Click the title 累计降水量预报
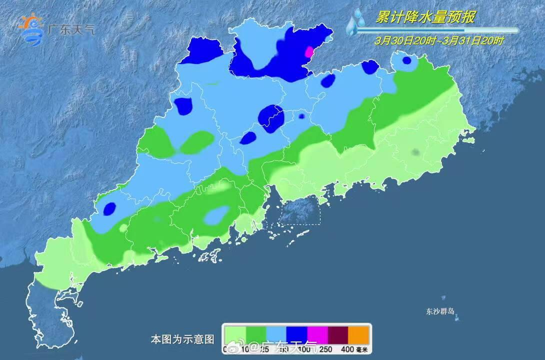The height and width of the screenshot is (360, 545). tap(425, 17)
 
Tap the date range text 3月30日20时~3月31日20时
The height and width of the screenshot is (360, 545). tap(439, 41)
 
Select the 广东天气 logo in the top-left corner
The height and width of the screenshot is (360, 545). tap(55, 29)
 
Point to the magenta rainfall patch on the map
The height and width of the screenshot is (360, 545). tap(309, 51)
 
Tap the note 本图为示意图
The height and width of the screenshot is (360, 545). tap(182, 339)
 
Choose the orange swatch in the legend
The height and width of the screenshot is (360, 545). tap(358, 333)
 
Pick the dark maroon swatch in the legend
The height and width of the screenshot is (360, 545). tap(337, 333)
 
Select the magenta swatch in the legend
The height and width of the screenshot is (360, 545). tap(317, 333)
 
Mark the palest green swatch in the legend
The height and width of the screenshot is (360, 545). tap(234, 333)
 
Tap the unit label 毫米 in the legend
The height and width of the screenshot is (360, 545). tap(361, 349)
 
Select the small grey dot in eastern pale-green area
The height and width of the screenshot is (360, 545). tap(415, 152)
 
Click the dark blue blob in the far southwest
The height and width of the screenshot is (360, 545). tap(109, 208)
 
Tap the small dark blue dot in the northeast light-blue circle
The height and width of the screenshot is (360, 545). tap(407, 60)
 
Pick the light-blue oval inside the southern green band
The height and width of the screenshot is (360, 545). tap(216, 215)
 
